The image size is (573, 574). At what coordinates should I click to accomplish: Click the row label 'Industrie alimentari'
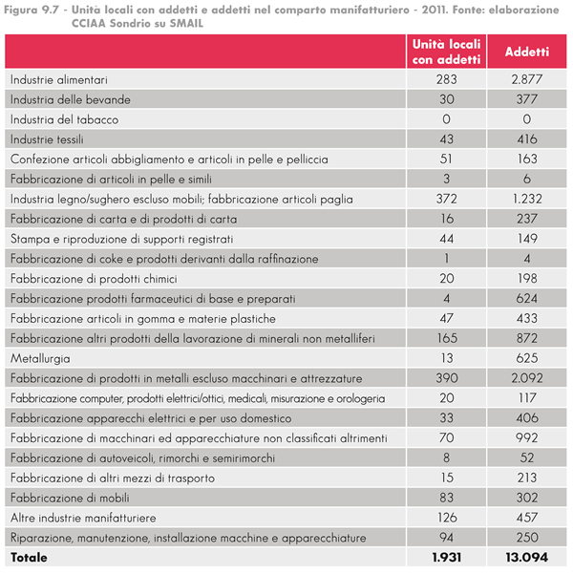58,79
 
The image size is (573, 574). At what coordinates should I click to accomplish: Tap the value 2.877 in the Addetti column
520,79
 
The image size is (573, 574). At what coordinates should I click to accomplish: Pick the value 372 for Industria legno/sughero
446,199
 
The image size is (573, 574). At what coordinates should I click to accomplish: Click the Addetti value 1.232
520,199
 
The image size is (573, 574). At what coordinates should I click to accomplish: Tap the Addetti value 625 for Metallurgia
520,358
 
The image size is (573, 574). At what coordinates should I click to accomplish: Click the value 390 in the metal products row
446,378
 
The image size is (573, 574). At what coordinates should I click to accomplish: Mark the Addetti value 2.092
520,378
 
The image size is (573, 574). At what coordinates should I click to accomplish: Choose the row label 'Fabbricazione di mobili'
69,498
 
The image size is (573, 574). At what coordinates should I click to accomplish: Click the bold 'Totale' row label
29,557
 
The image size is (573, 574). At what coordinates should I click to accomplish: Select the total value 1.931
446,557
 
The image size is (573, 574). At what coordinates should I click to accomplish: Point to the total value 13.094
520,557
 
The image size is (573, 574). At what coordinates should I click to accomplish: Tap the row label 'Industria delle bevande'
70,99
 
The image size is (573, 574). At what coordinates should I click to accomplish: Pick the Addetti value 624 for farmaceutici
520,298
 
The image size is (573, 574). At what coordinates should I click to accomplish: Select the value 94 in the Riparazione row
446,537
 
